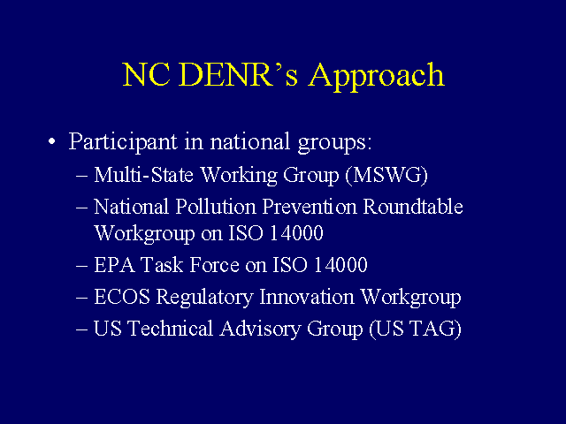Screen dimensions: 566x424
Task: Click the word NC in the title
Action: coord(146,74)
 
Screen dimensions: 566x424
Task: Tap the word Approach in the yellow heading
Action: coord(376,77)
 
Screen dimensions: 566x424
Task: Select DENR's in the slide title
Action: coord(238,74)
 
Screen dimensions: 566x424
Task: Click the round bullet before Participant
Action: coord(52,141)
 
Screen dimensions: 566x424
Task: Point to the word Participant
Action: coord(123,141)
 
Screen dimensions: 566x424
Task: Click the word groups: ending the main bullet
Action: coord(334,143)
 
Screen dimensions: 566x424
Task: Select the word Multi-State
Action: coord(143,175)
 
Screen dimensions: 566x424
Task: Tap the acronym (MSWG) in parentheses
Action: coord(386,176)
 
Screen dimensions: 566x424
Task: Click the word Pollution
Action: coord(216,207)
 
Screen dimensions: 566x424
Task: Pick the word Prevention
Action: coord(310,207)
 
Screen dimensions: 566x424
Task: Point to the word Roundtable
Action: coord(413,207)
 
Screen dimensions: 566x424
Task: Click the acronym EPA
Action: coord(114,265)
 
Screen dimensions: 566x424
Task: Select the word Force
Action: coord(214,265)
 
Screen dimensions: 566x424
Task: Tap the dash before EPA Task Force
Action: coord(82,266)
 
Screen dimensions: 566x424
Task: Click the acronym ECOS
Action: coord(122,297)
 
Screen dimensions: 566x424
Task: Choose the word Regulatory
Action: coord(204,299)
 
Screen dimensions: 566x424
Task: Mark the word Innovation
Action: coord(307,297)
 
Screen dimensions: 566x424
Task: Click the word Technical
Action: coord(171,329)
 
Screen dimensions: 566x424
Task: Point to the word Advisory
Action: coord(260,329)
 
